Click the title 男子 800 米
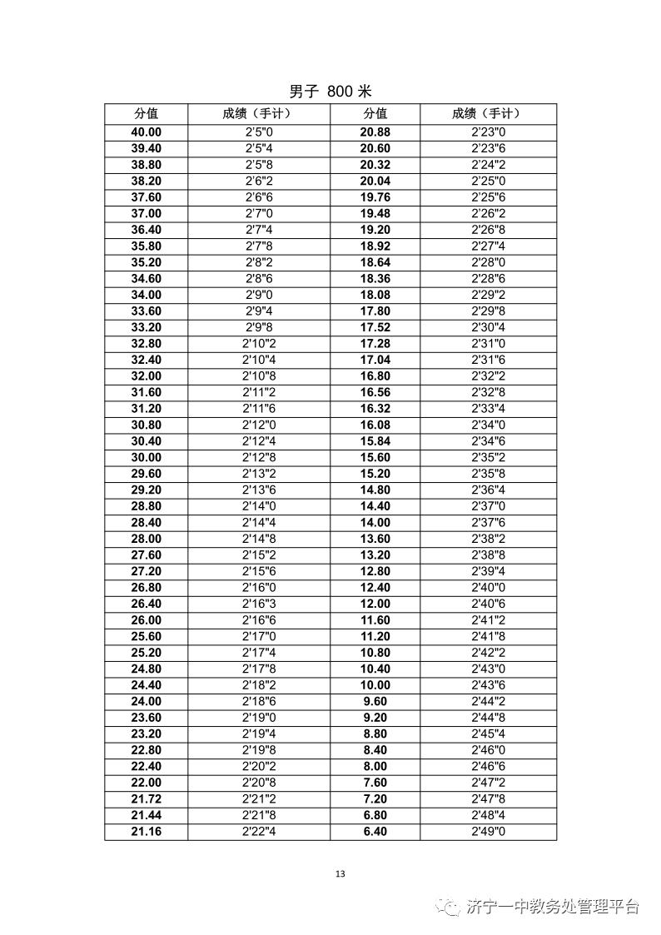[x=330, y=92]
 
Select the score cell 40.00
[x=147, y=132]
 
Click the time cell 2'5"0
[x=259, y=132]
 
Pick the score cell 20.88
[x=375, y=132]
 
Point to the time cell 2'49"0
[x=489, y=832]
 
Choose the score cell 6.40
[x=375, y=832]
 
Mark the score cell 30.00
[x=147, y=458]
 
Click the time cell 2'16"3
[x=259, y=604]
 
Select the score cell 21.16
[x=147, y=832]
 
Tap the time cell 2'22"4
[x=259, y=832]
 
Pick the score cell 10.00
[x=375, y=685]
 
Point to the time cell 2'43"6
[x=489, y=685]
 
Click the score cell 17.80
[x=375, y=311]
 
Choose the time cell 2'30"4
[x=489, y=327]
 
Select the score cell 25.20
[x=147, y=653]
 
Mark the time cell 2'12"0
[x=259, y=425]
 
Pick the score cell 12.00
[x=375, y=604]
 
